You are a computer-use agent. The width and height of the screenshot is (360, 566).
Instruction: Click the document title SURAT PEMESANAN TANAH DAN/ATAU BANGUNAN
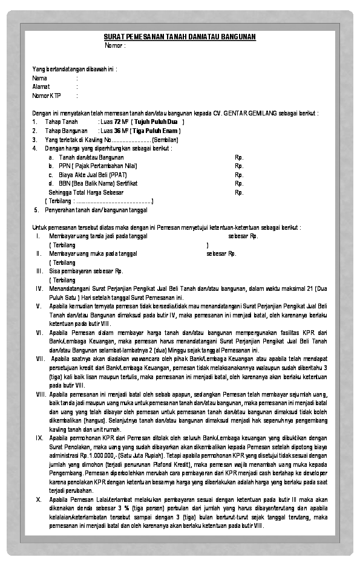180,37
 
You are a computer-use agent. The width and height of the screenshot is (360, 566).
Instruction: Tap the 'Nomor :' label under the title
115,45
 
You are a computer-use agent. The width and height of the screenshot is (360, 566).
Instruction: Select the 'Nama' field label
40,78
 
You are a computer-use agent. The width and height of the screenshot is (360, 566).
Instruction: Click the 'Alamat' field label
41,86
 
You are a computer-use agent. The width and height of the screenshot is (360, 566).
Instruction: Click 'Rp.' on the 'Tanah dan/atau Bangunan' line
239,157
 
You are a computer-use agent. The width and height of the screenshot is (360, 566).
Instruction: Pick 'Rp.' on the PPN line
239,165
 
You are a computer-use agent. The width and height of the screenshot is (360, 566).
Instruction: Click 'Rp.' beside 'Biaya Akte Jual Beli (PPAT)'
239,174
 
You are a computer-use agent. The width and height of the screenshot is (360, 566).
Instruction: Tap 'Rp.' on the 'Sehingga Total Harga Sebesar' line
239,192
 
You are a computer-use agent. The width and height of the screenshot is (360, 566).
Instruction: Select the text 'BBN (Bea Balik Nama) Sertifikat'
98,183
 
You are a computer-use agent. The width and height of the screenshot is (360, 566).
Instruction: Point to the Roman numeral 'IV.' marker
39,289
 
